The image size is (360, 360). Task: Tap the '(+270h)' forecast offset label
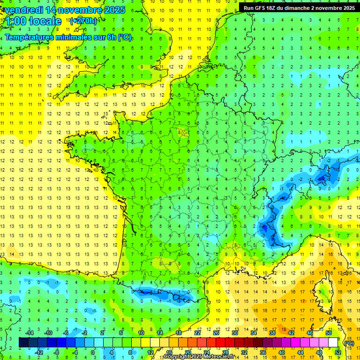[83, 21]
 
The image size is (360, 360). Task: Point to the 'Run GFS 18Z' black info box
[299, 8]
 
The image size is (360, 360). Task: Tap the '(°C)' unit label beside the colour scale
[349, 343]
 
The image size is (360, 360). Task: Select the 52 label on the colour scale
[338, 352]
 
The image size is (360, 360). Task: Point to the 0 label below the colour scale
[93, 352]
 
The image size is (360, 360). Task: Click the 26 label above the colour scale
[216, 333]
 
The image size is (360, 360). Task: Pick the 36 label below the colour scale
[262, 352]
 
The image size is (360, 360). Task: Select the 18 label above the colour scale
[179, 333]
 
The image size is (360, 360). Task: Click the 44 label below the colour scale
[300, 352]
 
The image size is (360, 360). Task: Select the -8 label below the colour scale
[56, 352]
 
